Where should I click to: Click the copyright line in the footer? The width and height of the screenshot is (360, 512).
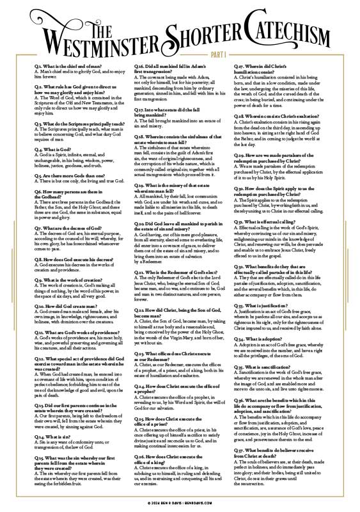pyautogui.click(x=180, y=504)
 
